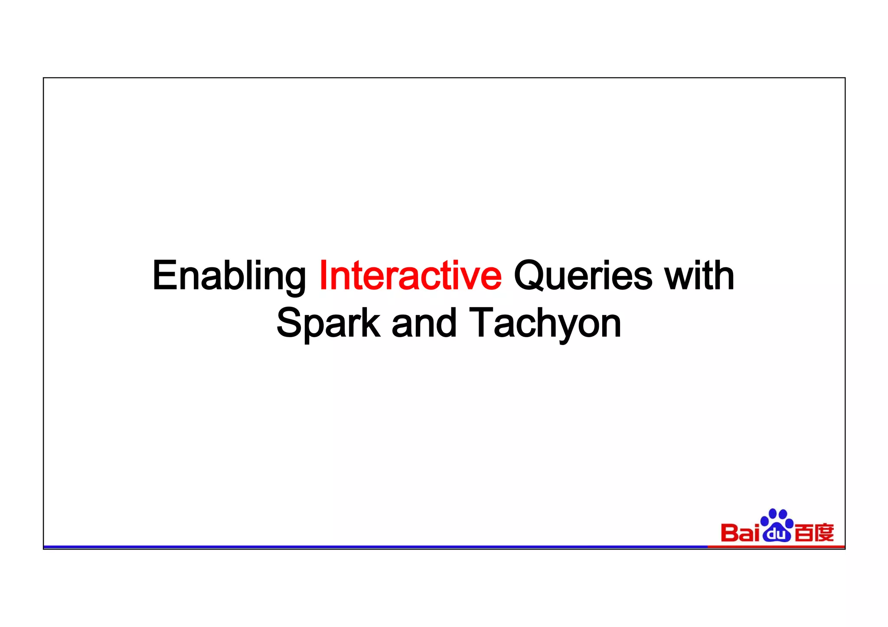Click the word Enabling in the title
coord(229,276)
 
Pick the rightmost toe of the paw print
coord(789,523)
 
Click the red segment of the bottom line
coord(776,547)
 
